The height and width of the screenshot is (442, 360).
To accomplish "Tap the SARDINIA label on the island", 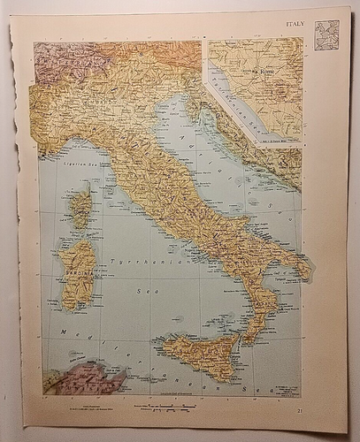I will [x=73, y=276].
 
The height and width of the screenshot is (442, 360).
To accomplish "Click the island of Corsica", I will [x=80, y=210].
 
